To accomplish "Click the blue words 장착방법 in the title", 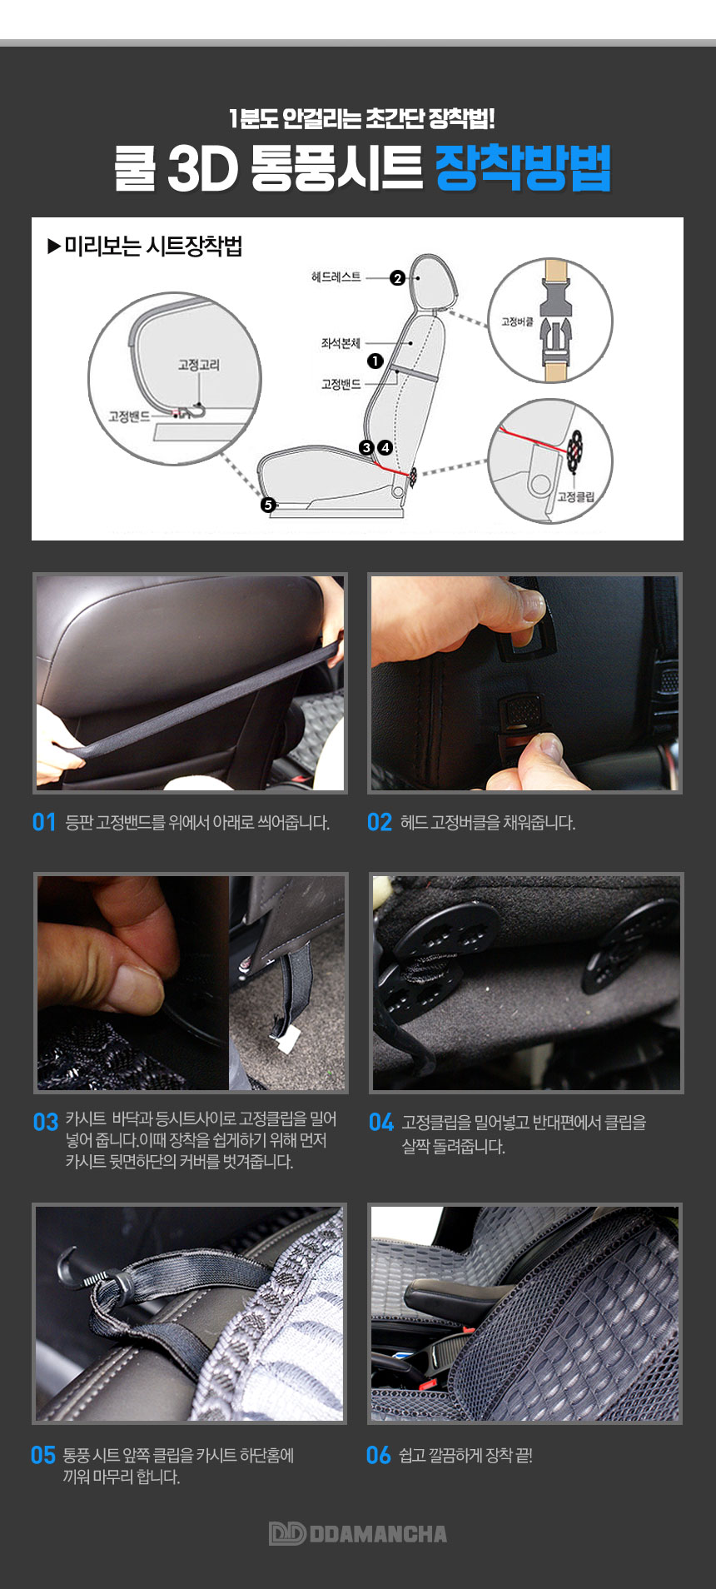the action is [523, 168].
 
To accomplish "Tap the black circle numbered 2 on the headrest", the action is [397, 278].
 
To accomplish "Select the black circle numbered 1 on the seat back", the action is [375, 361].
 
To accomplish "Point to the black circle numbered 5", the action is [267, 504].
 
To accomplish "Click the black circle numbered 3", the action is [366, 447].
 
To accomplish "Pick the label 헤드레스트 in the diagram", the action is [336, 277].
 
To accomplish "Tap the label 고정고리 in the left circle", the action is [199, 365].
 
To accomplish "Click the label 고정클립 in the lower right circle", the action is [576, 496].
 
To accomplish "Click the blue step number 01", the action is [44, 823].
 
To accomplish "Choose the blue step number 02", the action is [379, 823].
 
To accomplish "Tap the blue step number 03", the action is [46, 1122].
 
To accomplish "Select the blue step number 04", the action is [380, 1122].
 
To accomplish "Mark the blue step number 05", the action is [42, 1455].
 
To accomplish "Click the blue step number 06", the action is [378, 1455].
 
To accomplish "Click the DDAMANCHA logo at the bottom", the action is [358, 1533].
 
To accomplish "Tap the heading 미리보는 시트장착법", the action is [145, 247].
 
